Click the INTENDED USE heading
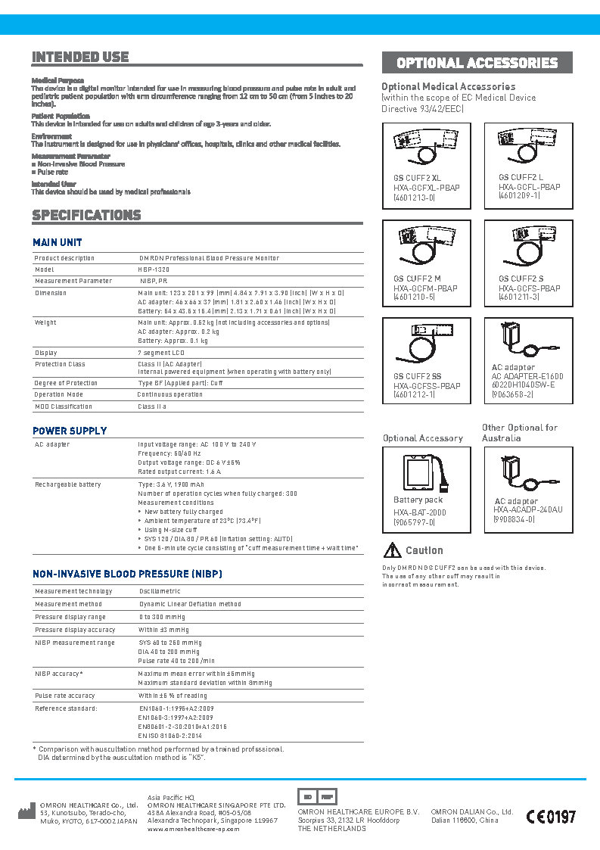80,57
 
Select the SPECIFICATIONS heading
86,215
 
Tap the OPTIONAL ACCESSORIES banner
477,63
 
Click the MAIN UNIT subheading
57,242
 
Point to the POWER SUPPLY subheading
69,431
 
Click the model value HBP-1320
153,269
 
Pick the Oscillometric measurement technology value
160,591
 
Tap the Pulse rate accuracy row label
65,695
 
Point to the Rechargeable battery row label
67,484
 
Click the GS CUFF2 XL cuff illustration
427,148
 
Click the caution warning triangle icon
392,550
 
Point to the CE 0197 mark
551,817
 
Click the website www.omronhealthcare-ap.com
193,829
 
